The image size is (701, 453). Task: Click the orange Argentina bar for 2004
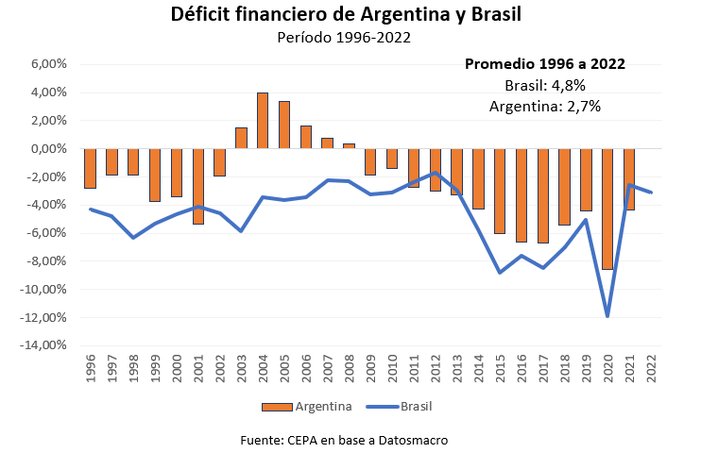pyautogui.click(x=263, y=120)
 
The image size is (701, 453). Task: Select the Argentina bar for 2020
pyautogui.click(x=607, y=209)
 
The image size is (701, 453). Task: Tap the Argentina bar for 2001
pyautogui.click(x=197, y=186)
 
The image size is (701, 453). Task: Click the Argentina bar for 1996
pyautogui.click(x=90, y=168)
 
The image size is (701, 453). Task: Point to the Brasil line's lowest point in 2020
pyautogui.click(x=607, y=316)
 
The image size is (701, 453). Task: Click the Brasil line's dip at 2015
pyautogui.click(x=500, y=273)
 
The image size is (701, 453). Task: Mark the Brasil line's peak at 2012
pyautogui.click(x=435, y=173)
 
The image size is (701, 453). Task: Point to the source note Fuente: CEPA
pyautogui.click(x=344, y=440)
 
